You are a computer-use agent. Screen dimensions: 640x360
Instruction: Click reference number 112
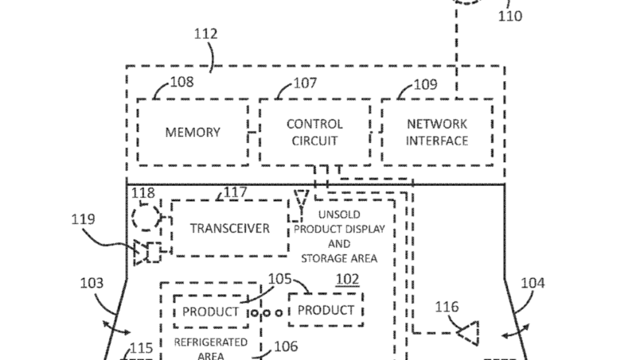pyautogui.click(x=205, y=34)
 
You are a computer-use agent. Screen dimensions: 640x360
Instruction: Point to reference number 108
pyautogui.click(x=181, y=82)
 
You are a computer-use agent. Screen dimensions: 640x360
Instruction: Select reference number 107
pyautogui.click(x=305, y=83)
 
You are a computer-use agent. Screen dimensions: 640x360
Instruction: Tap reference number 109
pyautogui.click(x=426, y=84)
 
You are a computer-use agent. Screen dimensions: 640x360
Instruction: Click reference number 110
pyautogui.click(x=510, y=16)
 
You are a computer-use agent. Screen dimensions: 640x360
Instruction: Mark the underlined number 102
pyautogui.click(x=347, y=280)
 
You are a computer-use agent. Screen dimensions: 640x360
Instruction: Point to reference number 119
pyautogui.click(x=83, y=220)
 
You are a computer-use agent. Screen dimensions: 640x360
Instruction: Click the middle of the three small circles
pyautogui.click(x=267, y=313)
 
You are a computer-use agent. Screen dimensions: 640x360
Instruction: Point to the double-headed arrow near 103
pyautogui.click(x=116, y=328)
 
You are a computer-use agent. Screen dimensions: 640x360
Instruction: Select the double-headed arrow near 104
pyautogui.click(x=515, y=330)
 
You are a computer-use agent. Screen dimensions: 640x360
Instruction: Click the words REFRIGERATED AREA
pyautogui.click(x=210, y=349)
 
